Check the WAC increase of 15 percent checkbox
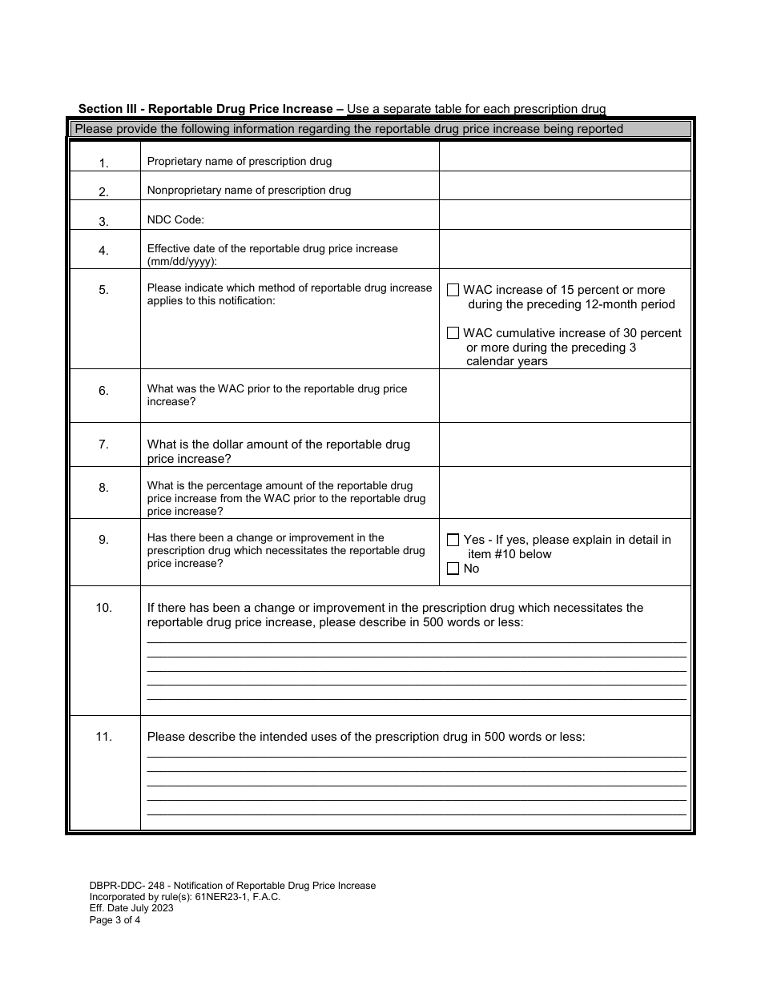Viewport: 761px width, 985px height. [x=453, y=290]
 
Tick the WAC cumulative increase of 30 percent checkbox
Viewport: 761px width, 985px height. [x=453, y=332]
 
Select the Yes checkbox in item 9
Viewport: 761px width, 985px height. [x=453, y=540]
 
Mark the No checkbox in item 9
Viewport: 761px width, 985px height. [x=453, y=569]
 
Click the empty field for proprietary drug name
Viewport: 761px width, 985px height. [x=564, y=157]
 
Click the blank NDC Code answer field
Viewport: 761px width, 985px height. [x=564, y=215]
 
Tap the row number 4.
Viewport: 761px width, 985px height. [x=103, y=251]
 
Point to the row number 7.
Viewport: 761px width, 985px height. [x=103, y=444]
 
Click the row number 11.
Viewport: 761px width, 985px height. [x=103, y=737]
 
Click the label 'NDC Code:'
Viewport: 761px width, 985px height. [x=175, y=220]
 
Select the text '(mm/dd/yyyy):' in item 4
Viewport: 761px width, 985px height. [x=182, y=262]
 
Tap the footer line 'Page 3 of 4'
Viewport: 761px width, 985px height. [x=115, y=920]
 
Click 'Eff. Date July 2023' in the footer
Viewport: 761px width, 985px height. [x=131, y=908]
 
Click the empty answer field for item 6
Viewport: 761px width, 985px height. [x=564, y=396]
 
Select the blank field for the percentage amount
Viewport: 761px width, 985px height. [x=564, y=492]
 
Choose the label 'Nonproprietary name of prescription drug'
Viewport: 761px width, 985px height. [x=249, y=191]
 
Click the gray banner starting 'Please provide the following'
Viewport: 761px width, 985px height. [x=381, y=129]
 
